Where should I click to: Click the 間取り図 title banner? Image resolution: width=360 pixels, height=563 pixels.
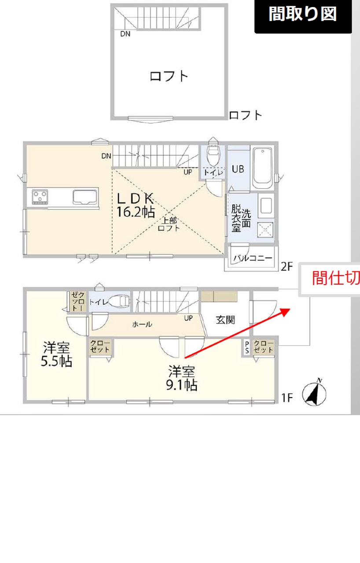[x=303, y=16]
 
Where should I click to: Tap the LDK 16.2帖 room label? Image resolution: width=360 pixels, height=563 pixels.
[x=136, y=205]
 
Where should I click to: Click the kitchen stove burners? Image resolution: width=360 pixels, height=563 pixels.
[x=40, y=197]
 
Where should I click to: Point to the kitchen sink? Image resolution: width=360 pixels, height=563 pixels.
[x=85, y=197]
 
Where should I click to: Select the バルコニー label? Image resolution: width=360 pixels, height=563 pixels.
[x=253, y=258]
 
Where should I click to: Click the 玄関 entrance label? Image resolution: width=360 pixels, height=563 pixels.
[x=225, y=320]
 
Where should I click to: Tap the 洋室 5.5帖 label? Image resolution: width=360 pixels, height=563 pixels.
[x=57, y=354]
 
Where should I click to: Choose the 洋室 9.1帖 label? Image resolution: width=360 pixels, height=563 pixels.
[x=182, y=378]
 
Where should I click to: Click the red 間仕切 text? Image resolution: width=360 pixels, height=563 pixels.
[x=336, y=278]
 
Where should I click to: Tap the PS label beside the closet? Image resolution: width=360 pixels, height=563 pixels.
[x=247, y=347]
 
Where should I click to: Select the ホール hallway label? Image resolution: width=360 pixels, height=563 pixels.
[x=142, y=325]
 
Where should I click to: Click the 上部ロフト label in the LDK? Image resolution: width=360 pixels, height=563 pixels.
[x=169, y=224]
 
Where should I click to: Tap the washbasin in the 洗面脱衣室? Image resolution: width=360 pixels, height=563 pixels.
[x=266, y=206]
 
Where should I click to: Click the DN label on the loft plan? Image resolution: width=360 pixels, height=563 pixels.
[x=125, y=34]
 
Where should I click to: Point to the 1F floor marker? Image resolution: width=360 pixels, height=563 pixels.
[x=287, y=397]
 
